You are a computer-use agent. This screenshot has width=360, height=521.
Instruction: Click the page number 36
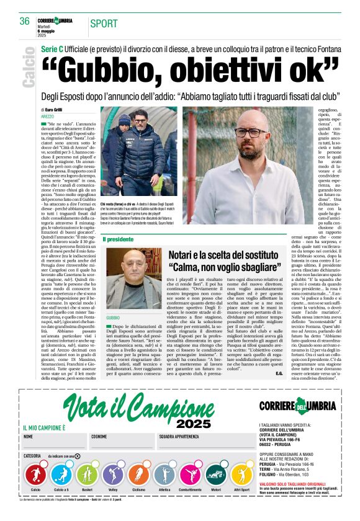pos(25,21)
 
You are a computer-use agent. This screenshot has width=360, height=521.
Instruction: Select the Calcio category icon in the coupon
pos(35,476)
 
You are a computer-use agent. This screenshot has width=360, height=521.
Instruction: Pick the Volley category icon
pos(113,476)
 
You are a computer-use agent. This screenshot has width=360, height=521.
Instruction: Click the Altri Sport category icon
pos(241,476)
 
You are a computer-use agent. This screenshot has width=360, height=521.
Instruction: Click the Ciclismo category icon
pos(138,476)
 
